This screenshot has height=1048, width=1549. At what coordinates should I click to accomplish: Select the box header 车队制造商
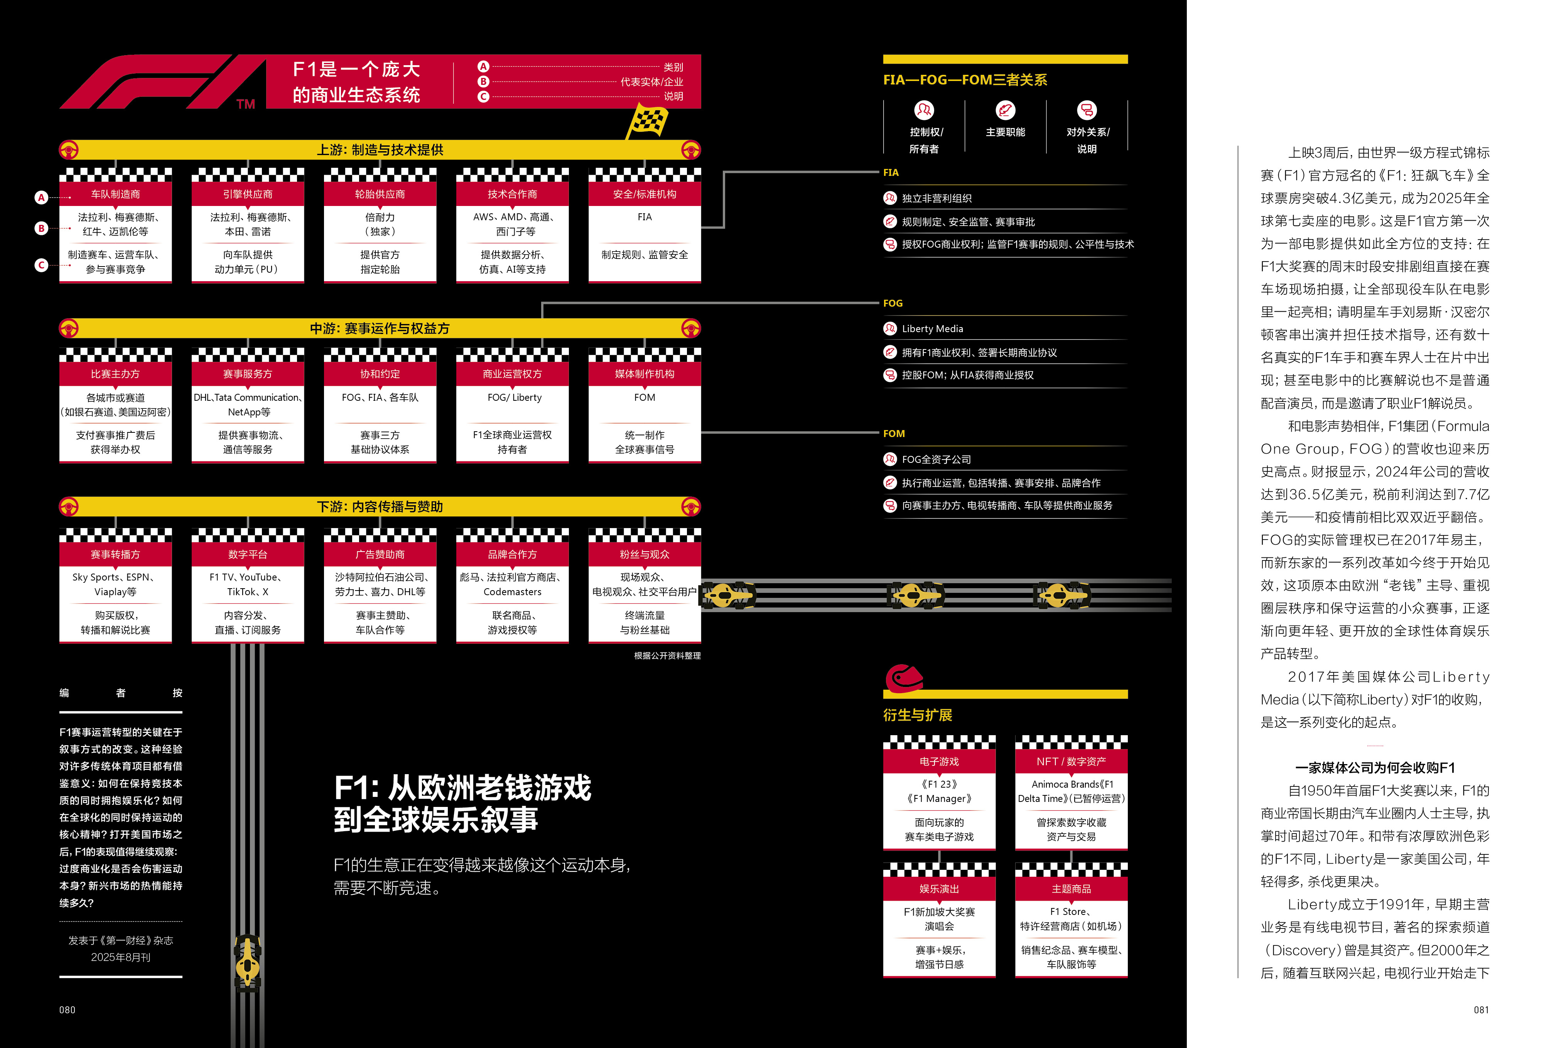[115, 194]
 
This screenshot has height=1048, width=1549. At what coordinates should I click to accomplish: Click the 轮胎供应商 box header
[380, 194]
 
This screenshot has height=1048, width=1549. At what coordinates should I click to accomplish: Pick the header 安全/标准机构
[645, 194]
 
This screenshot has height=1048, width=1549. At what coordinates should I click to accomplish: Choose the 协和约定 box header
[380, 374]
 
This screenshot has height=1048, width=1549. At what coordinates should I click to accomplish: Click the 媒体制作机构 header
[645, 374]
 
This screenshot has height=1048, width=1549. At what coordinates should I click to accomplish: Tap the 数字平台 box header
[247, 554]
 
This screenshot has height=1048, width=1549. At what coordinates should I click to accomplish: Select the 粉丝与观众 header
[645, 554]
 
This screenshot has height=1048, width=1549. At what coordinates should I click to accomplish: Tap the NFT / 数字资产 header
[1071, 761]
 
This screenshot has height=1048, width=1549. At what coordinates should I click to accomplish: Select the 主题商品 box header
[1071, 889]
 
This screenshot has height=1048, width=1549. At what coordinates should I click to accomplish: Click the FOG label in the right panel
[893, 303]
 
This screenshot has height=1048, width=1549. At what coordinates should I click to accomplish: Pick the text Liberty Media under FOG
[933, 329]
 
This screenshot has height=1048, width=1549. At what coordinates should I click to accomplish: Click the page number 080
[67, 1010]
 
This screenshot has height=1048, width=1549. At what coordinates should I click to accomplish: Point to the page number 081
[1481, 1010]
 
